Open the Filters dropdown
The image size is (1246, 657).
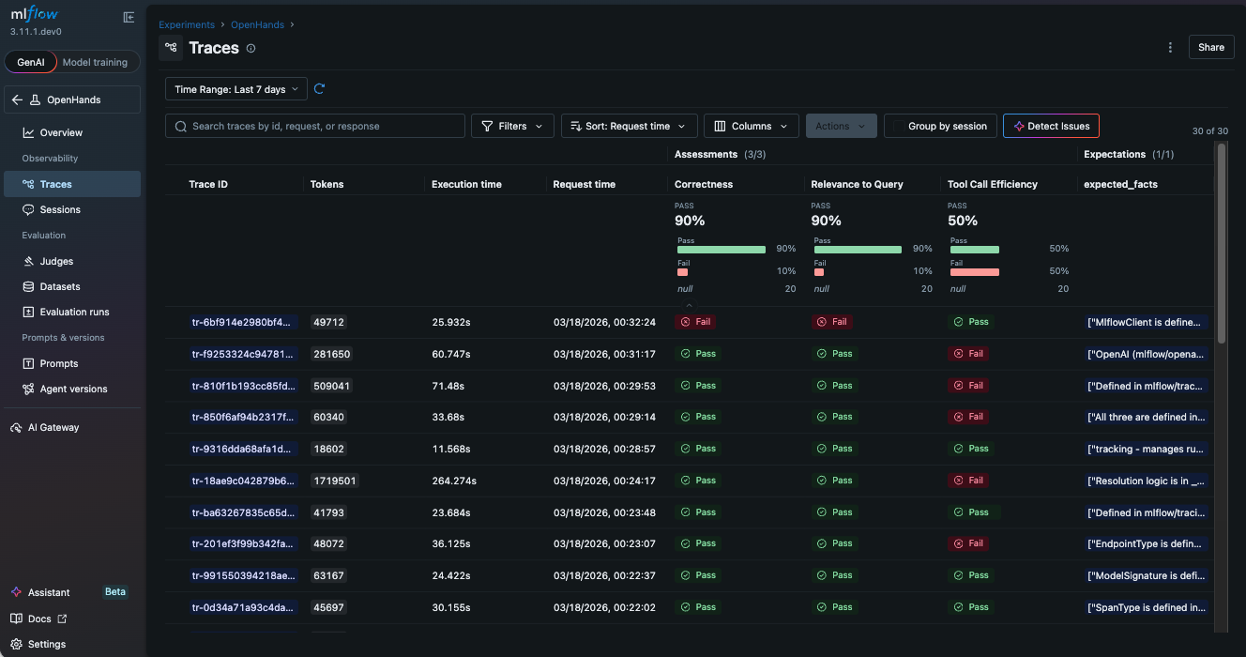[x=512, y=126]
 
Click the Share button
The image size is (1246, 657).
[x=1210, y=47]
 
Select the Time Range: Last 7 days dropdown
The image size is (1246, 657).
[x=236, y=89]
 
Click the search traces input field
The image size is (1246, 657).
[x=315, y=126]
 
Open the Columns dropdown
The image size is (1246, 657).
[x=751, y=126]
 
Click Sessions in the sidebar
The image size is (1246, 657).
[x=60, y=210]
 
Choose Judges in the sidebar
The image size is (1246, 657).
[x=56, y=261]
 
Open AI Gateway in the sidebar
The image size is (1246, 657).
[x=53, y=427]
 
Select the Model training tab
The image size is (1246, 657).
[x=94, y=62]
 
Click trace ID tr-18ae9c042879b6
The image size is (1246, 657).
[x=244, y=481]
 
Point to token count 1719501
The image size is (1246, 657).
[x=334, y=481]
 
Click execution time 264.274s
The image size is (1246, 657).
[x=454, y=481]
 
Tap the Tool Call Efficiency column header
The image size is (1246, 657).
[x=994, y=185]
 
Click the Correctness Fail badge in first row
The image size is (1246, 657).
[x=695, y=322]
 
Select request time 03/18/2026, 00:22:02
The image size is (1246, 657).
[x=604, y=607]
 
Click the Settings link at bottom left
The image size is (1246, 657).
[x=47, y=644]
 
